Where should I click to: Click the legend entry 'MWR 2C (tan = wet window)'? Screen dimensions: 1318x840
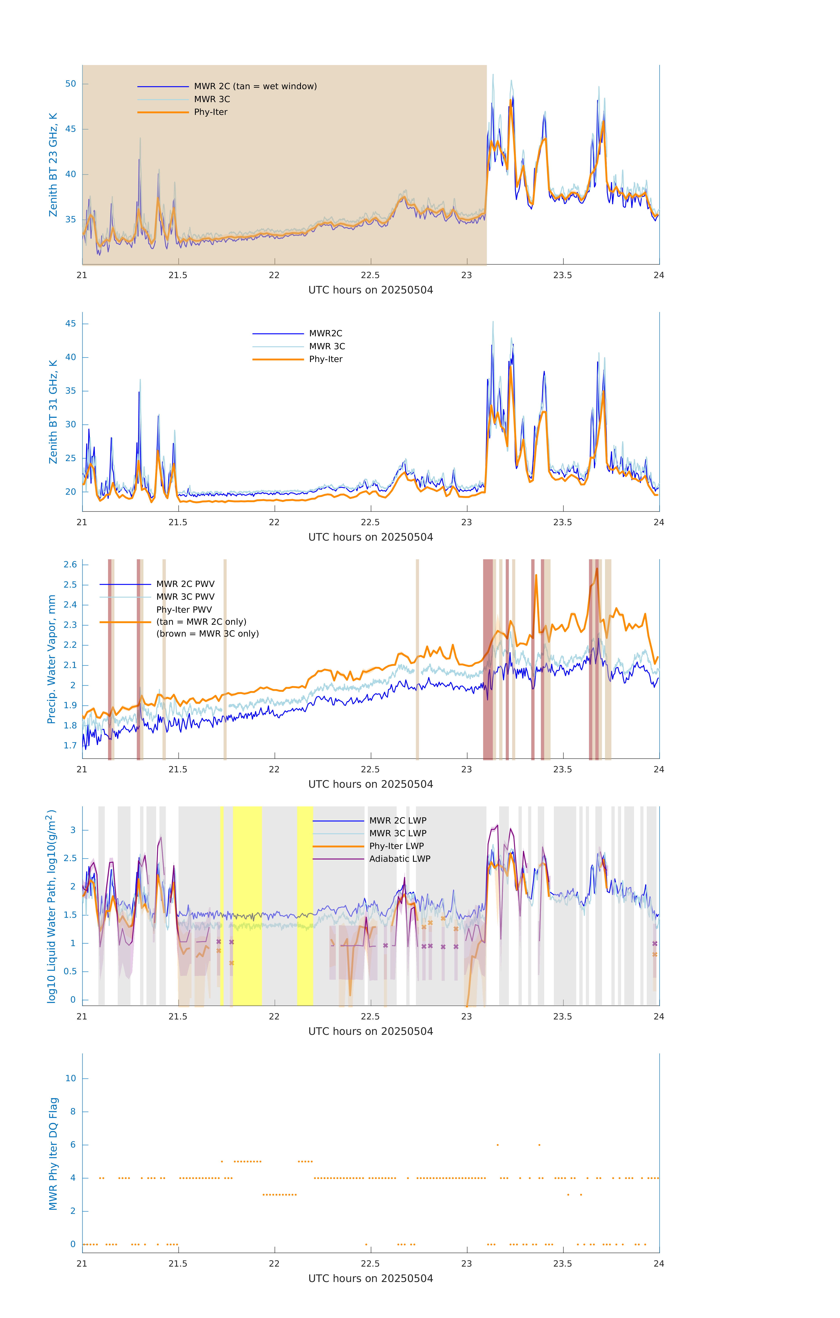[x=255, y=87]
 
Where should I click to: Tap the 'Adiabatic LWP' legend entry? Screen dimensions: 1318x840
[x=399, y=859]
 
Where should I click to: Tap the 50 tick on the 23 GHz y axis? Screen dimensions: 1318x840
[x=70, y=84]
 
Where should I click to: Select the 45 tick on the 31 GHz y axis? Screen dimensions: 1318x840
[x=70, y=324]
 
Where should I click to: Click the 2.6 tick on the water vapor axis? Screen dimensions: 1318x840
[x=70, y=565]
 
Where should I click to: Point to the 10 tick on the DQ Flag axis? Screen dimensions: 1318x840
[x=70, y=1078]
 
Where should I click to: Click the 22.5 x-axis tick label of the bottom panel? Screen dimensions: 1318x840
[x=370, y=1264]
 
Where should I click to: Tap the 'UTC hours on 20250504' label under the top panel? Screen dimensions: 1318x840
[x=370, y=290]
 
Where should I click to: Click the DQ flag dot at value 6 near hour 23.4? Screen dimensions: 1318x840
[x=540, y=1144]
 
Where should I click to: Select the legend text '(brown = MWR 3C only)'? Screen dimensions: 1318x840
[x=207, y=634]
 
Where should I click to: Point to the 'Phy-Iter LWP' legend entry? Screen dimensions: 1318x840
[x=396, y=846]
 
